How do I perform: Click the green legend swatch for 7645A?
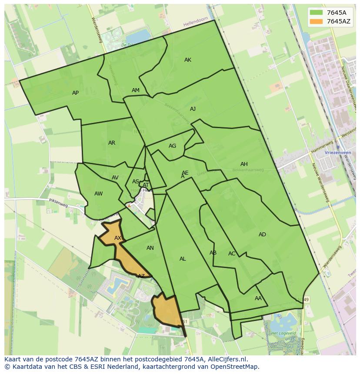(316, 13)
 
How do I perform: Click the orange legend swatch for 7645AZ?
(316, 21)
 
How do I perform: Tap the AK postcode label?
(188, 60)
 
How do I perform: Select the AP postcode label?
(76, 93)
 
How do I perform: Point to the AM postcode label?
(136, 90)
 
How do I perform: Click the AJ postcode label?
(193, 109)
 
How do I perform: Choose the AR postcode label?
(112, 143)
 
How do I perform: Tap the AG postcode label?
(173, 146)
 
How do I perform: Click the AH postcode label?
(244, 164)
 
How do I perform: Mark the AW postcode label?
(99, 194)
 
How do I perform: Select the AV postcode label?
(115, 178)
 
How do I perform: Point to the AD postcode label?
(262, 235)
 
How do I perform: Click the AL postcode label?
(183, 259)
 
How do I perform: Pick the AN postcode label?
(150, 248)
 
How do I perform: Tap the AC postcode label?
(232, 254)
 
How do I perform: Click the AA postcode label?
(258, 298)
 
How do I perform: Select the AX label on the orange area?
(118, 238)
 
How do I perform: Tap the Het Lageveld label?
(280, 333)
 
